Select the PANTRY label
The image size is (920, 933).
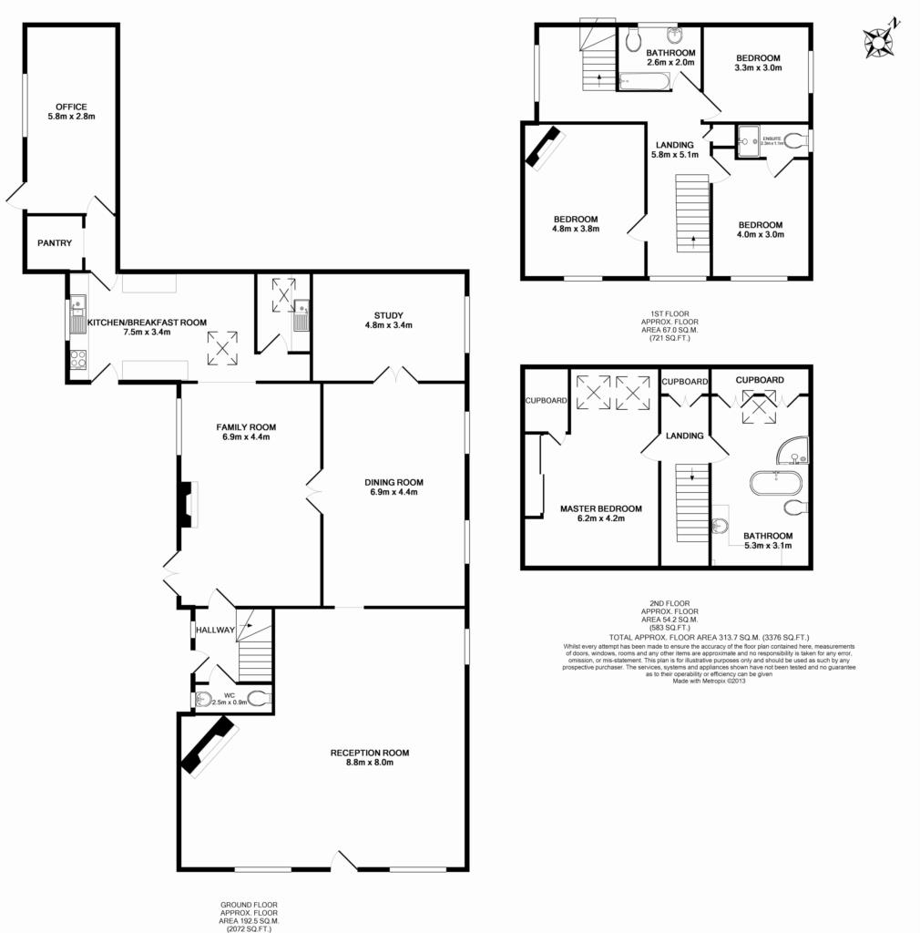pos(55,243)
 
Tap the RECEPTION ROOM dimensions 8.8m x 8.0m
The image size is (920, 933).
pos(369,763)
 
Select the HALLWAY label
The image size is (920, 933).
pos(215,630)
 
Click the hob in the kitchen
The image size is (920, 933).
pos(78,359)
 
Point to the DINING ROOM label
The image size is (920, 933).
pos(394,482)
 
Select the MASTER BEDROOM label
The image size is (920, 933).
pos(600,509)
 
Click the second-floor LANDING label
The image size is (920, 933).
pos(684,436)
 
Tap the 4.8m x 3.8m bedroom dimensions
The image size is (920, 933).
pos(576,231)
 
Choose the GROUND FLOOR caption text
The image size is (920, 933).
pos(249,905)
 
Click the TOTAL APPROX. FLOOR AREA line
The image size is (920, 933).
pos(709,637)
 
